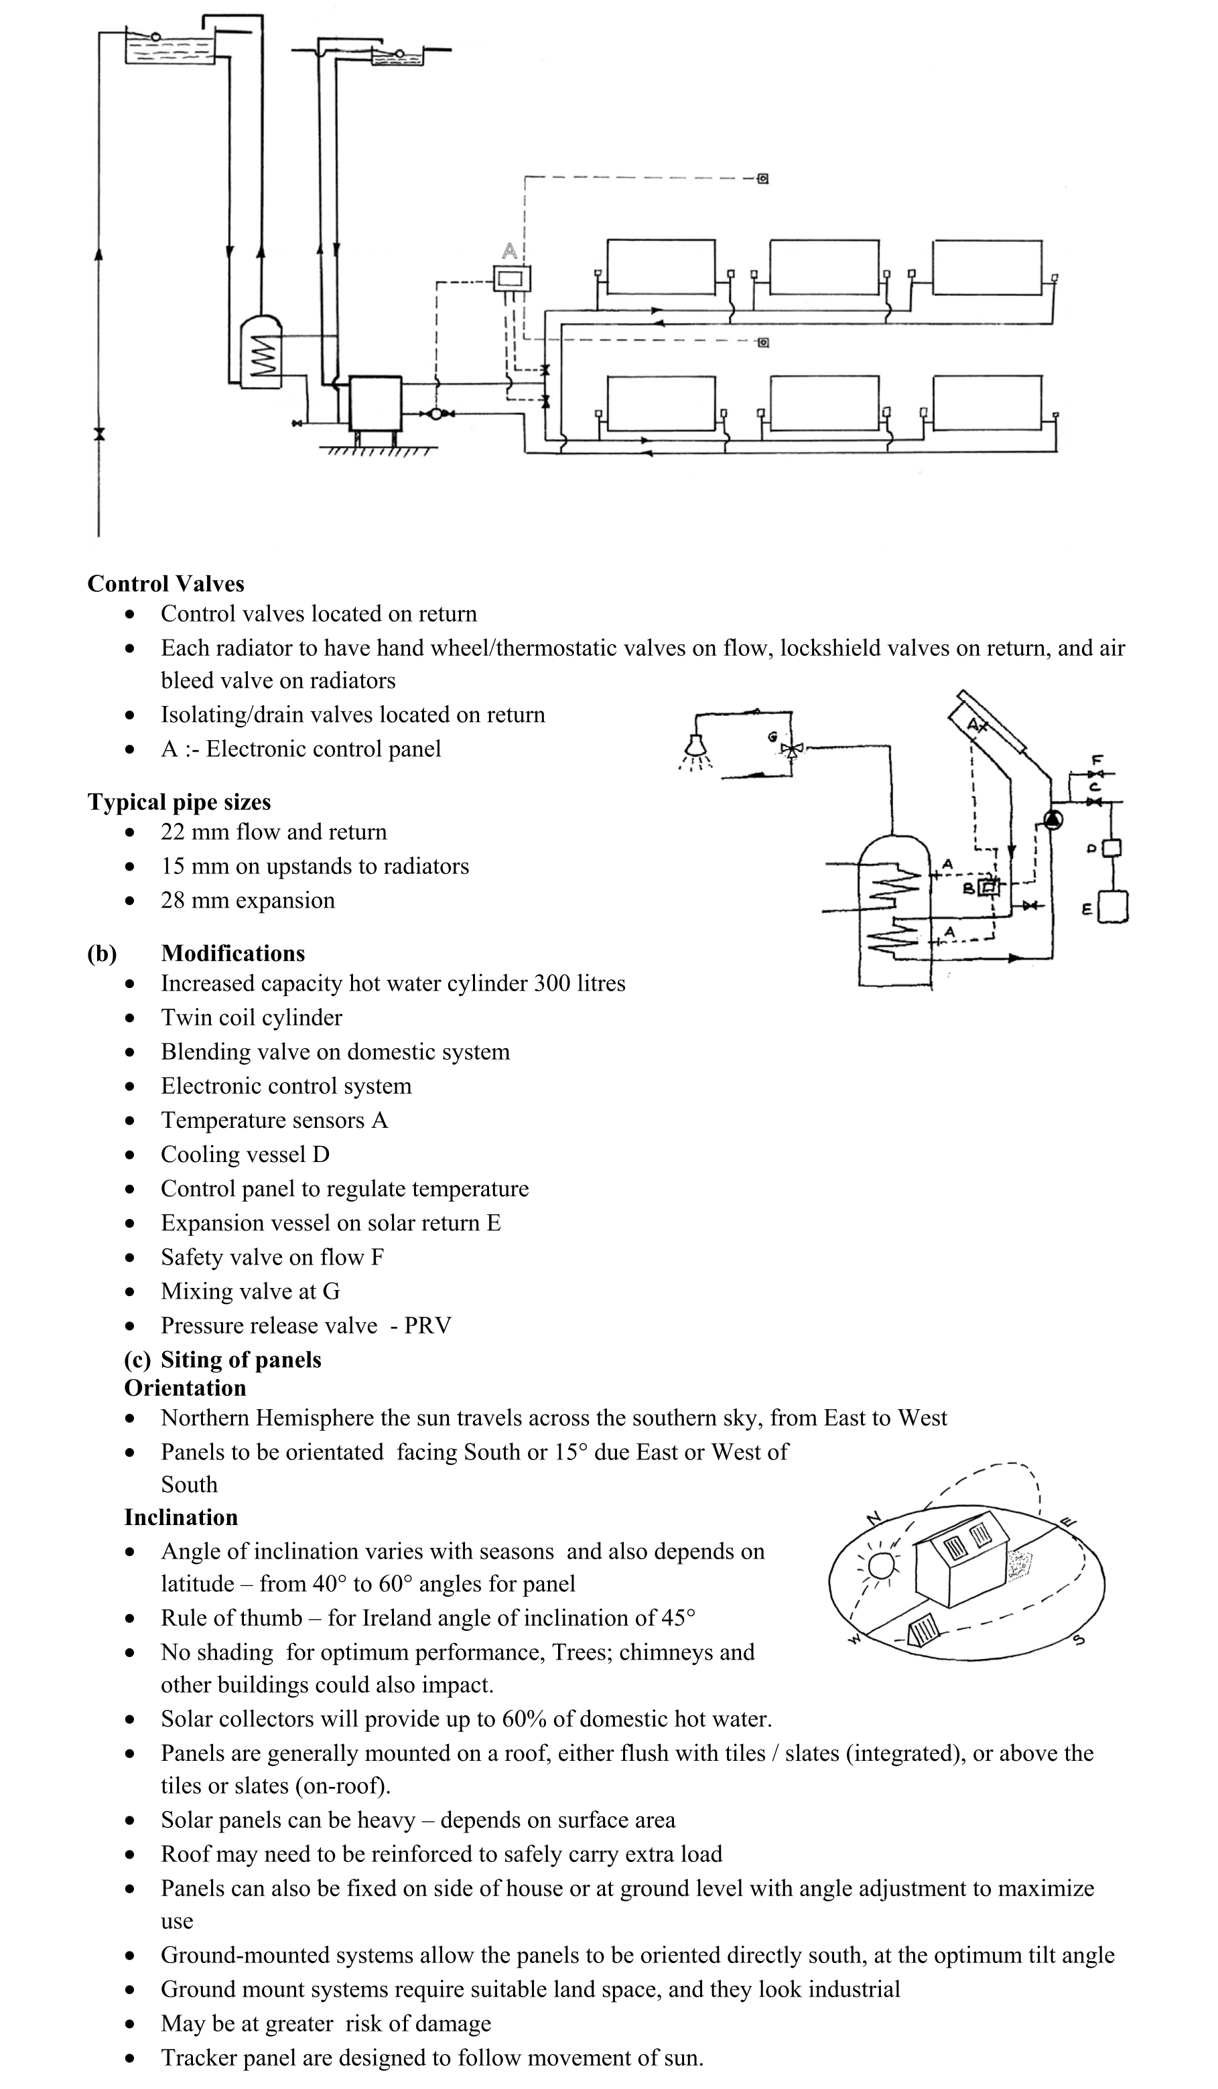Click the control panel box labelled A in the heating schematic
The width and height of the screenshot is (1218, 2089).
tap(512, 279)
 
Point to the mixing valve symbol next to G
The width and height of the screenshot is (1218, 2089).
tap(793, 749)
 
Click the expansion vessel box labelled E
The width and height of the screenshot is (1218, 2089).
tap(1113, 906)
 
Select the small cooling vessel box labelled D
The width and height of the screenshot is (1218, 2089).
tap(1112, 848)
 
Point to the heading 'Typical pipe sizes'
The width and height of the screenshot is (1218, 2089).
tap(179, 802)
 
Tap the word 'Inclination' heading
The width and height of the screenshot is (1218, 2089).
tap(181, 1517)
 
